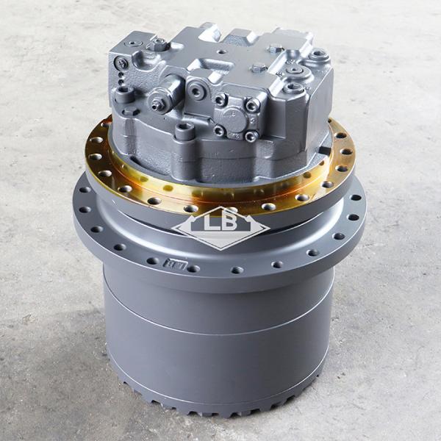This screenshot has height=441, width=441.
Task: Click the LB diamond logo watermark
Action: point(220,229)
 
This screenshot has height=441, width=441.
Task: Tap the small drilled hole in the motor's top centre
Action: point(222,52)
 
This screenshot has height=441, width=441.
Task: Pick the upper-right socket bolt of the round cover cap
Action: point(252,106)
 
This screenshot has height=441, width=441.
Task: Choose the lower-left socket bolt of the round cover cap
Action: point(219,130)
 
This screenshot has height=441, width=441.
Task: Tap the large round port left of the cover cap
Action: point(197,91)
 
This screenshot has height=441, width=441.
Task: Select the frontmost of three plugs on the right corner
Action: point(294,88)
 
